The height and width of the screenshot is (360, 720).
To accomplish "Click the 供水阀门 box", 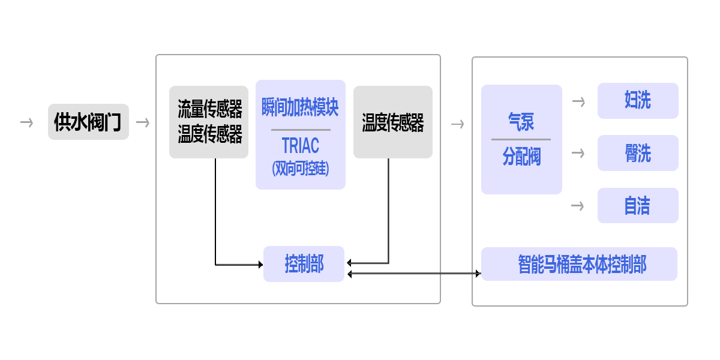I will tap(88, 122).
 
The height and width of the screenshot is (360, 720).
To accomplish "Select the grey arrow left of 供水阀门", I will tap(26, 122).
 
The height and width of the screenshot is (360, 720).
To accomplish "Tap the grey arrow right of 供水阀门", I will tap(142, 122).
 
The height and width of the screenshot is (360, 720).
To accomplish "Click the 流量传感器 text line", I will tap(209, 109).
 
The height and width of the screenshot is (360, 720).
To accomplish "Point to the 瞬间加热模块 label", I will tap(300, 108).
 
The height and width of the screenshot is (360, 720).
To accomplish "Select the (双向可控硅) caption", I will tap(300, 169).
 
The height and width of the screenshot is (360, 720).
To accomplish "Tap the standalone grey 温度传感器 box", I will tap(392, 122).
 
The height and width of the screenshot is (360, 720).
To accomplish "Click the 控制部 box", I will tap(304, 263).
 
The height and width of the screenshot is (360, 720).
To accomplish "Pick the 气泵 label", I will tap(521, 122).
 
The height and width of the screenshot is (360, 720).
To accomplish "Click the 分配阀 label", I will tap(521, 157).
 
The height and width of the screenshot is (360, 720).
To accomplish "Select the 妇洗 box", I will tap(637, 101).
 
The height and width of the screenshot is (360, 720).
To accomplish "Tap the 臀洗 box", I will tap(637, 153).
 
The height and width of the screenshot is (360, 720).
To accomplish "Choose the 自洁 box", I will tap(637, 206).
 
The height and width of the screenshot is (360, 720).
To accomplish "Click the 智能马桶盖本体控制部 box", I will tap(579, 264).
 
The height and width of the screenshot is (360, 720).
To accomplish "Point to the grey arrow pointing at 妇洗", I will tap(578, 101).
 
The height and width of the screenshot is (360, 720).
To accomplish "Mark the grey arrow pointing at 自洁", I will tap(578, 206).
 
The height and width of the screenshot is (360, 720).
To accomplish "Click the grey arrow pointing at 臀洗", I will tap(578, 153).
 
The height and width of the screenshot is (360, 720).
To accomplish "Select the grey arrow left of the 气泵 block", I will tap(457, 124).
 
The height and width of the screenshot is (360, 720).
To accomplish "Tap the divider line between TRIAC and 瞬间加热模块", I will tap(300, 130).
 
